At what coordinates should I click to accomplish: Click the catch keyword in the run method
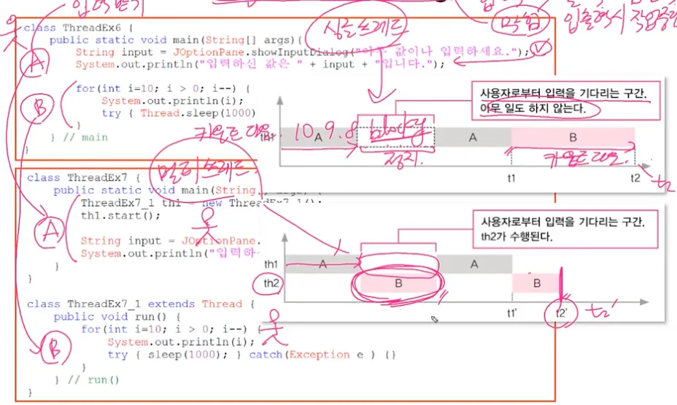pyautogui.click(x=267, y=355)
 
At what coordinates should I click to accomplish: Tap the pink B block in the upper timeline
pyautogui.click(x=573, y=136)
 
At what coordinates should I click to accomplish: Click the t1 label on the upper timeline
pyautogui.click(x=511, y=178)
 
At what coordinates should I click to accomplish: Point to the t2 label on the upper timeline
pyautogui.click(x=636, y=178)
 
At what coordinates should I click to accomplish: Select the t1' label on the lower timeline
pyautogui.click(x=514, y=312)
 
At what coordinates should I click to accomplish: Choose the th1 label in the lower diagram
pyautogui.click(x=271, y=264)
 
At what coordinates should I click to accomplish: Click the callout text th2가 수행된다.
pyautogui.click(x=511, y=236)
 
